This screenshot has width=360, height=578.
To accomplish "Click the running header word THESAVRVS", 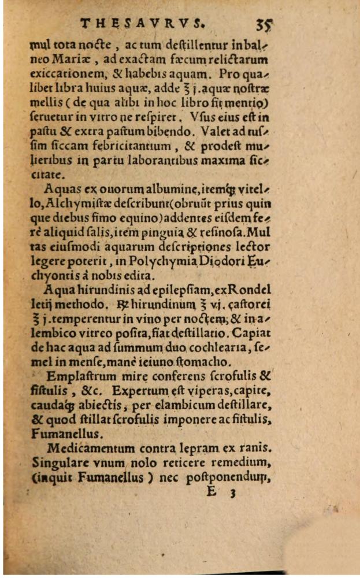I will pyautogui.click(x=142, y=24).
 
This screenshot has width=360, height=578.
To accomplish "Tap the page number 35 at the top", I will pyautogui.click(x=263, y=25).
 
